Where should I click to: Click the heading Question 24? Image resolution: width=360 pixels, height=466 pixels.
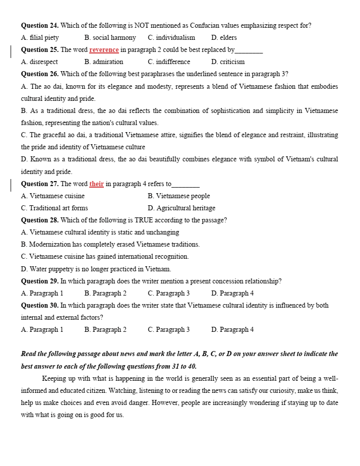coord(40,25)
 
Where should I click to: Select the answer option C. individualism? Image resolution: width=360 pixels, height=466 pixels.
coord(171,37)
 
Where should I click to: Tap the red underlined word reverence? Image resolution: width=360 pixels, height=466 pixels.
coord(104,50)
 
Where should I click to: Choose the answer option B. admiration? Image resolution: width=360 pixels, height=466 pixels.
coord(104,62)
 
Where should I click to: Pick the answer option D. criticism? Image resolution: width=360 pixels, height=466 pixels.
coord(228,62)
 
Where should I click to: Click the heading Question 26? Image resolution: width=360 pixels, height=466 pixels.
coord(40,74)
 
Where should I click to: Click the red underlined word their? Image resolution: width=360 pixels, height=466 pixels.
coord(96,184)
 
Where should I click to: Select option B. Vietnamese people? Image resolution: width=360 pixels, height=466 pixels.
coord(178,196)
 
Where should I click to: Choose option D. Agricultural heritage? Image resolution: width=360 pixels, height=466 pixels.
coord(182,208)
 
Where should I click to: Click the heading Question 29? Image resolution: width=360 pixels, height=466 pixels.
coord(40,281)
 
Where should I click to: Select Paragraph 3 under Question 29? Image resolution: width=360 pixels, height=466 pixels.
coord(168,294)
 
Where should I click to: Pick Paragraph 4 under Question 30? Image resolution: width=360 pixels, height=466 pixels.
coord(232,330)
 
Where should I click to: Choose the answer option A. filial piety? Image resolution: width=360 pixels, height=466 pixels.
coord(40,37)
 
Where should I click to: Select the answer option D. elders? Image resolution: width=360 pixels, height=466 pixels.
coord(224,37)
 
